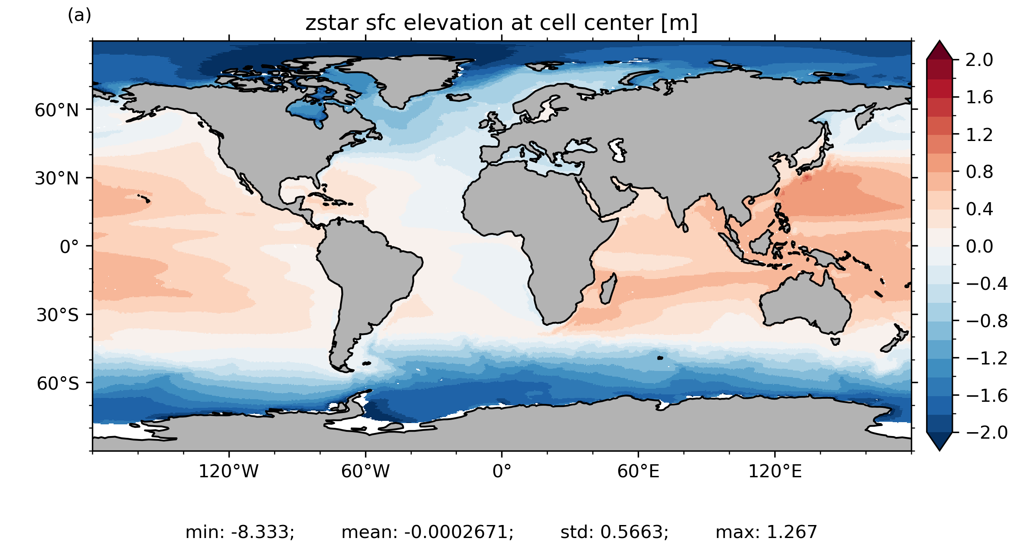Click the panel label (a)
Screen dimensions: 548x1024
point(79,16)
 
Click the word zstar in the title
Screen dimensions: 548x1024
point(332,23)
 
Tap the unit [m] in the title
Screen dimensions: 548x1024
point(679,23)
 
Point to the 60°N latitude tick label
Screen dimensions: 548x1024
point(57,110)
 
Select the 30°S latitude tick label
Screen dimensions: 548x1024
point(58,315)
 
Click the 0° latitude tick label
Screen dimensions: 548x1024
point(70,247)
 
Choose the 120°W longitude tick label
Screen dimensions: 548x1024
point(228,471)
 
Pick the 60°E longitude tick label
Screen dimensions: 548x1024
point(638,471)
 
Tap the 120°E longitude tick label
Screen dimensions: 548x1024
point(775,471)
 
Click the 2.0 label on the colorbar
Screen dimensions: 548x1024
point(979,60)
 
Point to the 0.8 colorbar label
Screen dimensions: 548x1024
point(979,172)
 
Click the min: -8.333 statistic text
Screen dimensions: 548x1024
point(240,532)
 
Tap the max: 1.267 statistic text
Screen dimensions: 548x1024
point(766,532)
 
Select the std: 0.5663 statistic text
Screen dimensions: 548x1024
point(614,532)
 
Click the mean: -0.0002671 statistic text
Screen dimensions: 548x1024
point(427,532)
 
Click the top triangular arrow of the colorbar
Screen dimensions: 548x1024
point(939,50)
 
